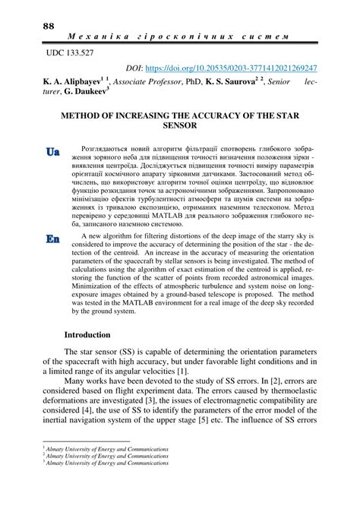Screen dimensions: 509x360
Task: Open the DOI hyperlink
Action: coord(251,68)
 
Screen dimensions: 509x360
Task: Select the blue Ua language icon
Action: coord(52,152)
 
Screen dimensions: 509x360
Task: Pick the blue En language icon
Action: coord(52,239)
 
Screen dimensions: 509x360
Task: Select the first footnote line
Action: coord(106,471)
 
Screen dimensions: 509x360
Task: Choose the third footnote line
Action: coord(106,485)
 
